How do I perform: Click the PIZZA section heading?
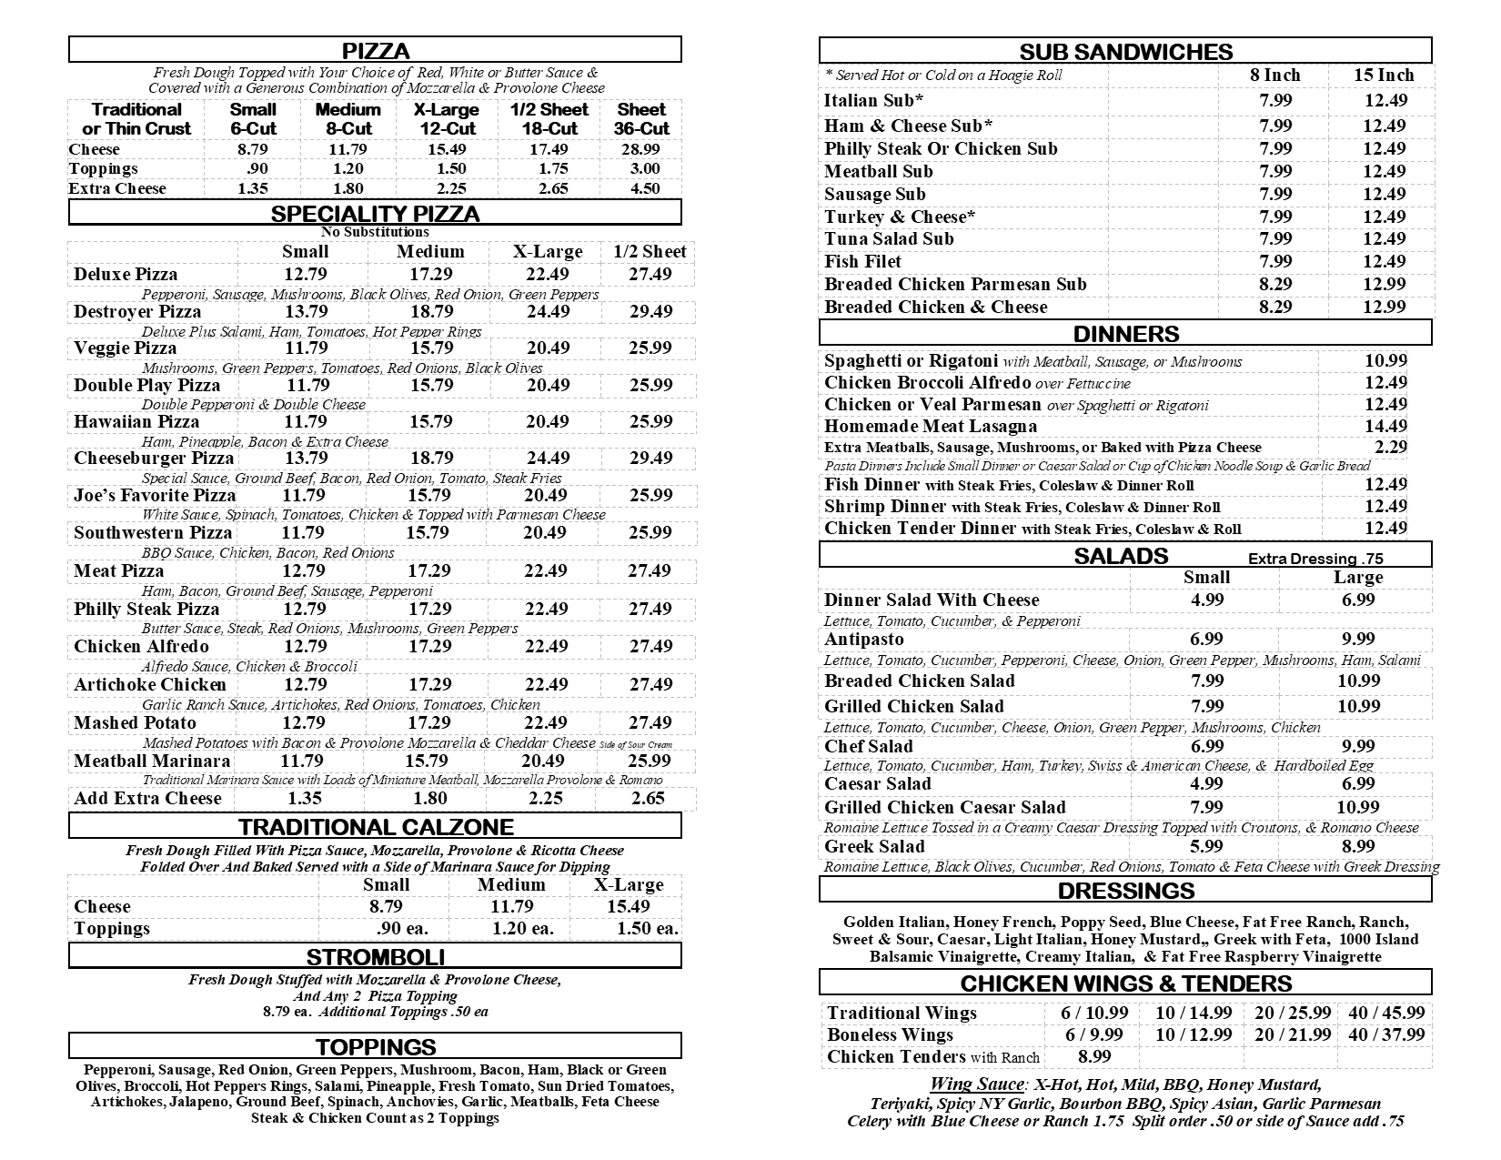coord(375,51)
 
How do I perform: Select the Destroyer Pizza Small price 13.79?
coord(306,312)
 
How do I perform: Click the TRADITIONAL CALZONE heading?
coord(376,827)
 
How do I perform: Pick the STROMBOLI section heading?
coord(375,957)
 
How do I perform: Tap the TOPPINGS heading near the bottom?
coord(376,1047)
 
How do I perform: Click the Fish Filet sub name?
coord(862,262)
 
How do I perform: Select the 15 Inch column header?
coord(1384,76)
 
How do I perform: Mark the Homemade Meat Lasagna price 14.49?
coord(1385,427)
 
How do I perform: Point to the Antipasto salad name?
coord(863,640)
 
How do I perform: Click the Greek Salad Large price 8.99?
coord(1358,847)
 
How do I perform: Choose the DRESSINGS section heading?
coord(1126,891)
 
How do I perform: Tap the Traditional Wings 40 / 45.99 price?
coord(1386,1014)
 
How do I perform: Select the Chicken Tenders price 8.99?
coord(1094,1057)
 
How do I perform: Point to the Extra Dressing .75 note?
coord(1315,560)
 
